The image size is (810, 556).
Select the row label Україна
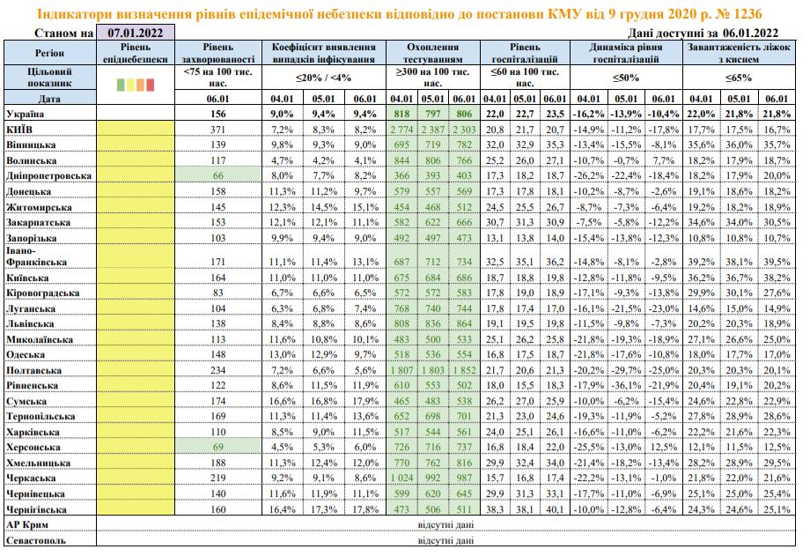pyautogui.click(x=26, y=115)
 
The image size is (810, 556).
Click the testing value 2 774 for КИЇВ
pyautogui.click(x=401, y=130)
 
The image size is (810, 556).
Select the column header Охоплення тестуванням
pyautogui.click(x=434, y=52)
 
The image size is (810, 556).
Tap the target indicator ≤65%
pyautogui.click(x=737, y=77)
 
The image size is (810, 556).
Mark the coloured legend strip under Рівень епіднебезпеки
pyautogui.click(x=135, y=85)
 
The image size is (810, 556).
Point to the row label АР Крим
pyautogui.click(x=25, y=524)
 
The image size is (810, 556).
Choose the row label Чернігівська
pyautogui.click(x=37, y=508)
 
